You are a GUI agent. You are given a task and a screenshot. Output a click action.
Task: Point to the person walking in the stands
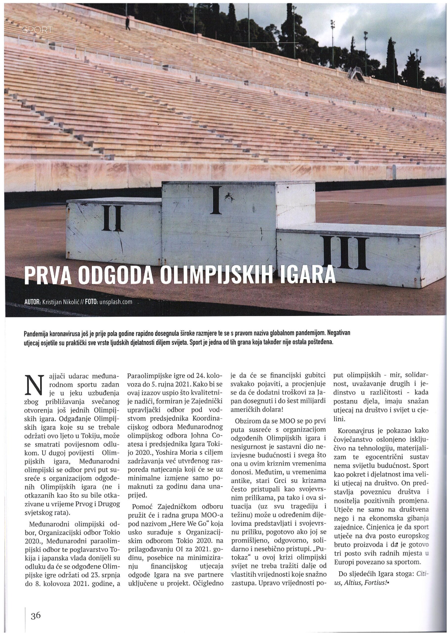pyautogui.click(x=128, y=23)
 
